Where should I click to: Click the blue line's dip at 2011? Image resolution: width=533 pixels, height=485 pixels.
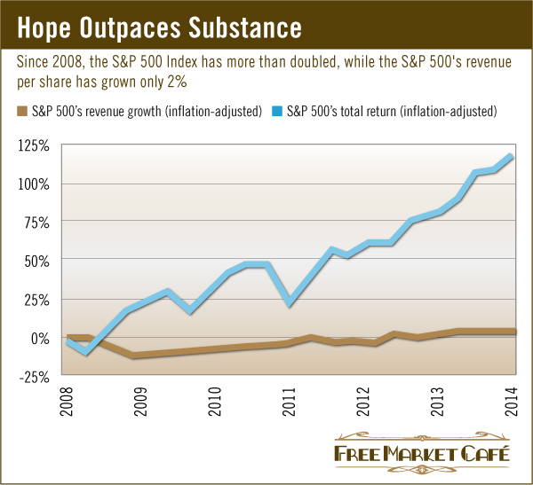pyautogui.click(x=290, y=303)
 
